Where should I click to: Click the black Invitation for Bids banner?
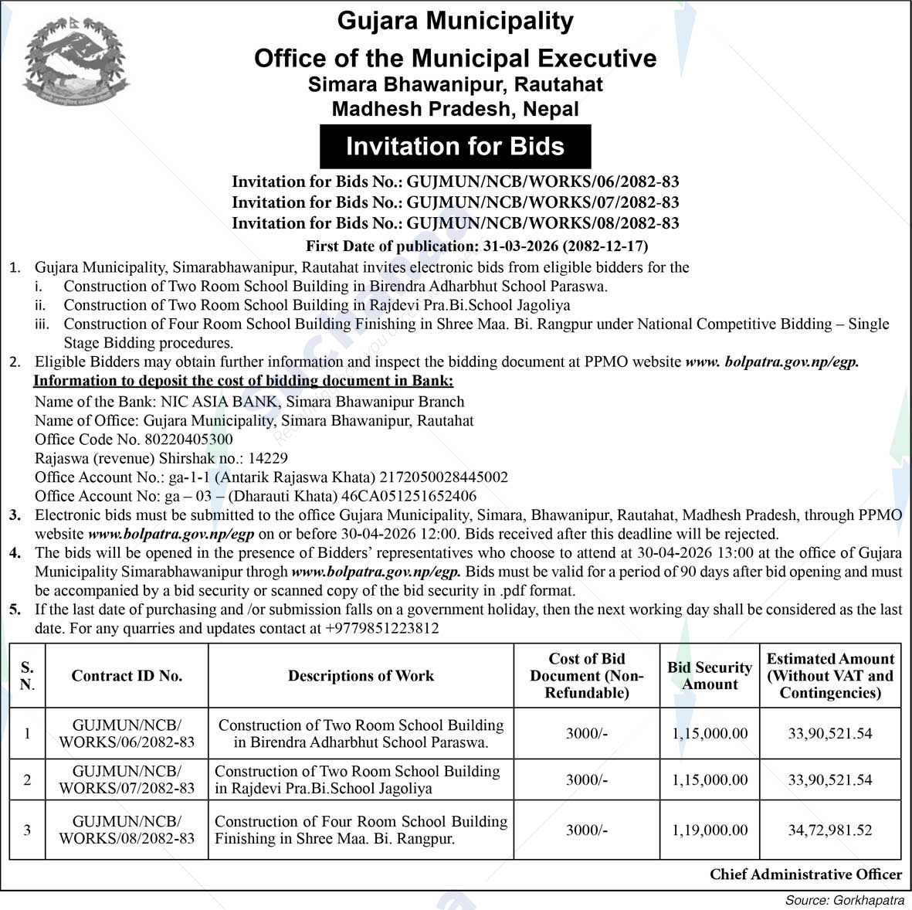point(455,147)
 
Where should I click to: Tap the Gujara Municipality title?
point(455,21)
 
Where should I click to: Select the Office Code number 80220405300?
point(188,440)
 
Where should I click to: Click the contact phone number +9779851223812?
point(382,628)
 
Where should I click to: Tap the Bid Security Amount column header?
point(710,676)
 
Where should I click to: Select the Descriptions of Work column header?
point(361,676)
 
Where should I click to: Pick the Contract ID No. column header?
point(127,676)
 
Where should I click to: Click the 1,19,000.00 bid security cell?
point(710,830)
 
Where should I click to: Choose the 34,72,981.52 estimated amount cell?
point(830,830)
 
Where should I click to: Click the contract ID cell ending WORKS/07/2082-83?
point(127,779)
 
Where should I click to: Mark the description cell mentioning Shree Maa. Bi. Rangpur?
point(361,830)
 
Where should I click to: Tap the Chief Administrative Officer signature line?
point(805,874)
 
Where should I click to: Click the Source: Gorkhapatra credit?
point(845,900)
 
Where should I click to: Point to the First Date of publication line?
point(476,246)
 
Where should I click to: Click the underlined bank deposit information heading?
point(243,381)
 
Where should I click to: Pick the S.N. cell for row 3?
point(27,830)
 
